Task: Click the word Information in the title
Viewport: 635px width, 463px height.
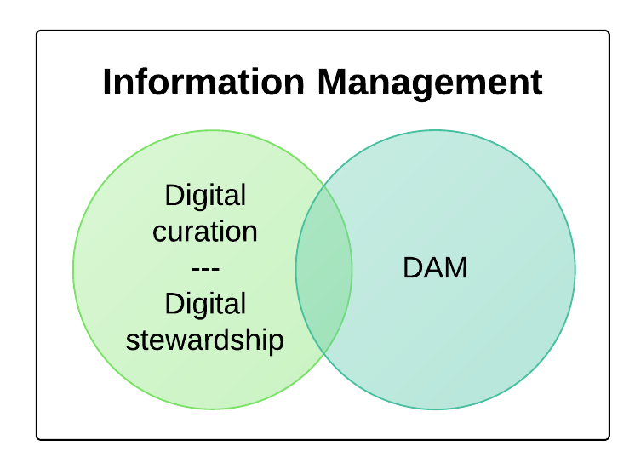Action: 203,83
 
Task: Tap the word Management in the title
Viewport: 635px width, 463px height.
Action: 430,84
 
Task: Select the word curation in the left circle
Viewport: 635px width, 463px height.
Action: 205,231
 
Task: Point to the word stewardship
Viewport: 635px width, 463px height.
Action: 205,340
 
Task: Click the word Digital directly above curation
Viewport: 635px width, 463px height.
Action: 205,196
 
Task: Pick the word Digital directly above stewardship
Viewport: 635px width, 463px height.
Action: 205,304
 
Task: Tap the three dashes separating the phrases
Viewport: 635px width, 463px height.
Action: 205,268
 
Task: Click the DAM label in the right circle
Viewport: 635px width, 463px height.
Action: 435,268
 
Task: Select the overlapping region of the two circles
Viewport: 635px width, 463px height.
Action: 324,270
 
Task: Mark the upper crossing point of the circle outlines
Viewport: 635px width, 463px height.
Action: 324,186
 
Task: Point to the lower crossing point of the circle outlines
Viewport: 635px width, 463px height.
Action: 324,353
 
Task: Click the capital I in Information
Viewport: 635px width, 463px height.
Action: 107,83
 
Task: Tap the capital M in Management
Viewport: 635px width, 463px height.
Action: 333,83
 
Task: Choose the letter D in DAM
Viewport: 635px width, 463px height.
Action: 413,268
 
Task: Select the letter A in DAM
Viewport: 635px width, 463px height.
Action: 434,268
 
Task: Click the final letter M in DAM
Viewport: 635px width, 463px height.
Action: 457,268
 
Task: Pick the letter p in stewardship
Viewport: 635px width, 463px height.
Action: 276,343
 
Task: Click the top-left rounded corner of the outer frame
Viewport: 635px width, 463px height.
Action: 38,32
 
